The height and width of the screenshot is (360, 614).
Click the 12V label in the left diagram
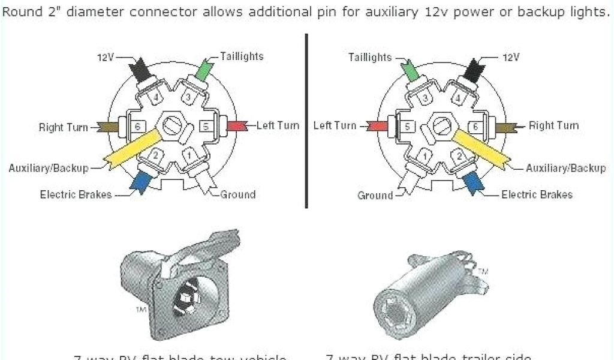(x=106, y=58)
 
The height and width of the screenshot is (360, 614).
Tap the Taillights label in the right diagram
(x=370, y=58)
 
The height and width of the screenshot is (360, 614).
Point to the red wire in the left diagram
(x=236, y=126)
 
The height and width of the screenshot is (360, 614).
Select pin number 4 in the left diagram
(x=155, y=97)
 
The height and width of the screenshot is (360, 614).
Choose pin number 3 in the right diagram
(x=424, y=98)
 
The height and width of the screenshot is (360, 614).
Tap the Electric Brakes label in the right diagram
(x=537, y=194)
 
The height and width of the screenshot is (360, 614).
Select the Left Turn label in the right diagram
(x=335, y=125)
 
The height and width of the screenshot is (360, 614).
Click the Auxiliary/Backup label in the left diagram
(x=49, y=168)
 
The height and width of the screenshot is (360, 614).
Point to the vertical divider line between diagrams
(x=306, y=120)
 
